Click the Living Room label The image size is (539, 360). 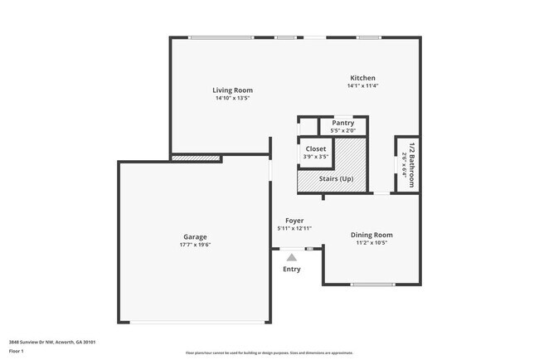click(232, 90)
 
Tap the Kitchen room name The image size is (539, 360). click(362, 77)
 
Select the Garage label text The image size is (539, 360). click(195, 236)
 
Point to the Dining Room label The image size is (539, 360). click(371, 235)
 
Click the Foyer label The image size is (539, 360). click(294, 221)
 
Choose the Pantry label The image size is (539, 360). click(342, 123)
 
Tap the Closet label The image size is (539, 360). click(316, 148)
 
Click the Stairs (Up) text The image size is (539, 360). click(336, 178)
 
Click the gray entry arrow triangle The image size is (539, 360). click(292, 258)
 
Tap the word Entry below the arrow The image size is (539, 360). click(292, 269)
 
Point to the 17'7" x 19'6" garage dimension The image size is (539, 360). click(195, 245)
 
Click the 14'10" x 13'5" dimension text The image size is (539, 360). click(232, 98)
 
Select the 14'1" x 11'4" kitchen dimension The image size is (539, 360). click(362, 85)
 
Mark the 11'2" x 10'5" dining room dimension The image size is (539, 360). click(371, 243)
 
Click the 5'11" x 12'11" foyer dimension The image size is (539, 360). click(294, 229)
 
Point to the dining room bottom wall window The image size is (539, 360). click(371, 285)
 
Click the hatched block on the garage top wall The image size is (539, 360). click(196, 157)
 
